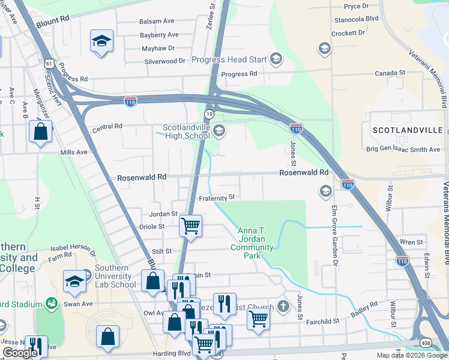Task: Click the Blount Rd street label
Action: [53, 19]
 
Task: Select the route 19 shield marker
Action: [208, 113]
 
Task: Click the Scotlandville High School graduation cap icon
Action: [219, 130]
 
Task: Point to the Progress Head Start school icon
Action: [276, 58]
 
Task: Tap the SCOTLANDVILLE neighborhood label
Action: [408, 130]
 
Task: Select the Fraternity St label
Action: [215, 197]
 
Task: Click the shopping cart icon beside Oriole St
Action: [190, 226]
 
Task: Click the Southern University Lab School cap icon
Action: [76, 280]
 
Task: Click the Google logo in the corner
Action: [20, 353]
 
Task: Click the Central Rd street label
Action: [107, 127]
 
